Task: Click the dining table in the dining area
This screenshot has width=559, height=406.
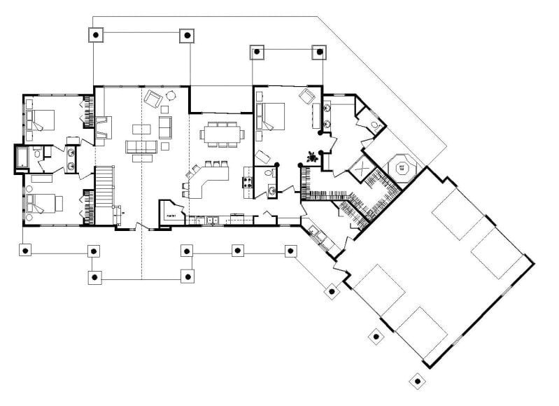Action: (x=220, y=133)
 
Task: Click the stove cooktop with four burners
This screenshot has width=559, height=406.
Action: (x=246, y=183)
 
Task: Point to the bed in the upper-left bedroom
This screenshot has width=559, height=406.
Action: (x=43, y=118)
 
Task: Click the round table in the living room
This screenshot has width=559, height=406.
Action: (x=171, y=96)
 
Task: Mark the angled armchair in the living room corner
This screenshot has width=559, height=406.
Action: (x=152, y=99)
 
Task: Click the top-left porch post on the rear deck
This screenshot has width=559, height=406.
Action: (x=97, y=34)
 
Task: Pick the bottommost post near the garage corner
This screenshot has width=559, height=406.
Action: (x=417, y=381)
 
